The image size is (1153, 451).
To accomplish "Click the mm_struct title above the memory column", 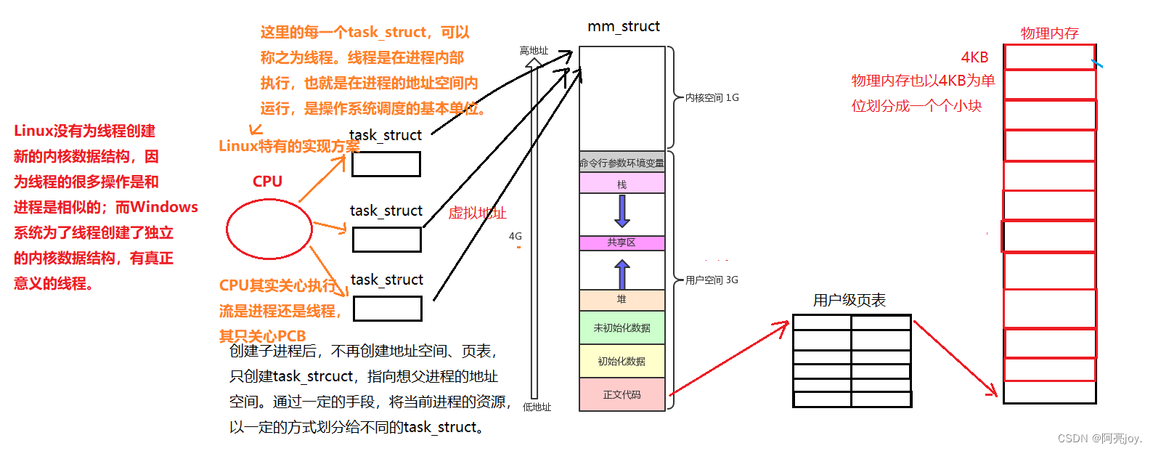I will [623, 27].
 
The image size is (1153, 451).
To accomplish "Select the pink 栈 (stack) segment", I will [622, 184].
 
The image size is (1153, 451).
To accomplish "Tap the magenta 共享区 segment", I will [622, 243].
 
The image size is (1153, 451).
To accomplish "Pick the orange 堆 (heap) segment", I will [622, 299].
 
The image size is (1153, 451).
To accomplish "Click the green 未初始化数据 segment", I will [622, 328].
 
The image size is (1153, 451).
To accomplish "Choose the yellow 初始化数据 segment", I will [622, 361].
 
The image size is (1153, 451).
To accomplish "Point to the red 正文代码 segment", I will [622, 394].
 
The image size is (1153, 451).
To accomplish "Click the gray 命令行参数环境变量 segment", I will [622, 163].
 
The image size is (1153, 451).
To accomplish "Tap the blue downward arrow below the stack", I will [622, 211].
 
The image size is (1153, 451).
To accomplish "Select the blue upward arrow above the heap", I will [622, 275].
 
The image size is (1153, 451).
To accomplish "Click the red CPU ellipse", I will [269, 229].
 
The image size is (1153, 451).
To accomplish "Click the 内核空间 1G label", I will [712, 97].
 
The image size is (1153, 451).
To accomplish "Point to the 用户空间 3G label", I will [712, 280].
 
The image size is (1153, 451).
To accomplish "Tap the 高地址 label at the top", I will [534, 50].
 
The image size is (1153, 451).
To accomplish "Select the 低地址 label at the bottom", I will [537, 407].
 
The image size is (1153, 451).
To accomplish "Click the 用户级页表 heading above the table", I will [849, 300].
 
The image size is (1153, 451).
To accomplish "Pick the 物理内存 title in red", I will [1049, 33].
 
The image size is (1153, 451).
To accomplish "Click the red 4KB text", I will [974, 57].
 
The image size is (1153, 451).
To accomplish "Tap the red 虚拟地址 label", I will [477, 213].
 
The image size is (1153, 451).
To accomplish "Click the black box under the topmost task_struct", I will [386, 164].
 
